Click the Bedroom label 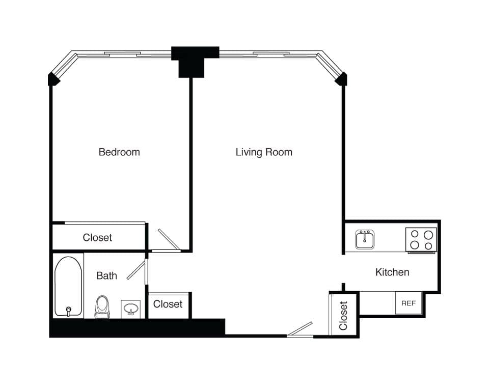pyautogui.click(x=119, y=152)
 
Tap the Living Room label pyautogui.click(x=264, y=152)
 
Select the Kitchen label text pyautogui.click(x=392, y=272)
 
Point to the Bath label pyautogui.click(x=106, y=275)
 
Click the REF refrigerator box pyautogui.click(x=409, y=303)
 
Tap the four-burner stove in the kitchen pyautogui.click(x=421, y=240)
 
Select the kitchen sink pyautogui.click(x=365, y=239)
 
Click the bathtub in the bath pyautogui.click(x=68, y=286)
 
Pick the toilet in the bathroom pyautogui.click(x=102, y=307)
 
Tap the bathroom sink pyautogui.click(x=130, y=309)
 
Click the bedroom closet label pyautogui.click(x=97, y=237)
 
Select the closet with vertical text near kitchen pyautogui.click(x=343, y=315)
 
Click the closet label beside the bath pyautogui.click(x=168, y=304)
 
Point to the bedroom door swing pyautogui.click(x=168, y=239)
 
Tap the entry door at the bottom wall pyautogui.click(x=300, y=329)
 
